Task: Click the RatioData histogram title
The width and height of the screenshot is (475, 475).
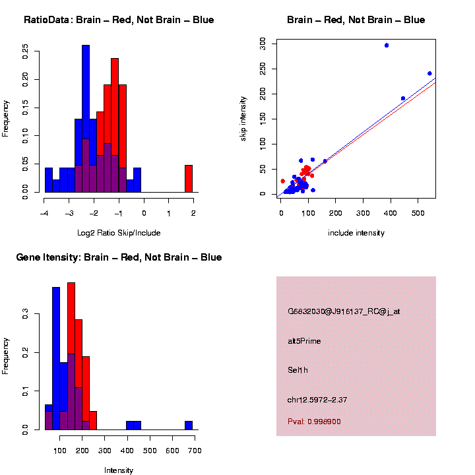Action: [x=119, y=20]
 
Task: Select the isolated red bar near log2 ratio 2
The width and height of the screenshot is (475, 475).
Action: [x=188, y=179]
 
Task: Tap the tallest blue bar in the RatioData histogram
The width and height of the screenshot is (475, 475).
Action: [x=86, y=119]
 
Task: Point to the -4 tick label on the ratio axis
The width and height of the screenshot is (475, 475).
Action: [x=44, y=214]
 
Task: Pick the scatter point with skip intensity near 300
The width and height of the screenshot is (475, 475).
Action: [x=387, y=46]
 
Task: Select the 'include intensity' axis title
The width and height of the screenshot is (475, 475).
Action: [x=356, y=233]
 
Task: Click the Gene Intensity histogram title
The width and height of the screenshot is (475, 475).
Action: [x=119, y=257]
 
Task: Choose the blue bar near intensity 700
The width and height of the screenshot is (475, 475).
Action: [x=188, y=426]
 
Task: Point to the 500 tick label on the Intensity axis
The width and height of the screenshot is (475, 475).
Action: [x=150, y=451]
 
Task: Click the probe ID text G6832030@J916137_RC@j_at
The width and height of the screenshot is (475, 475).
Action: [x=343, y=311]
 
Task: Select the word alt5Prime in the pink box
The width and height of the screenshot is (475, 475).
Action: [x=304, y=341]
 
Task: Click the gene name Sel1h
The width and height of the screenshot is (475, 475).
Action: [x=298, y=370]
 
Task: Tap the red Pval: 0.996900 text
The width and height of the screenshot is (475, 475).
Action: [x=314, y=422]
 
